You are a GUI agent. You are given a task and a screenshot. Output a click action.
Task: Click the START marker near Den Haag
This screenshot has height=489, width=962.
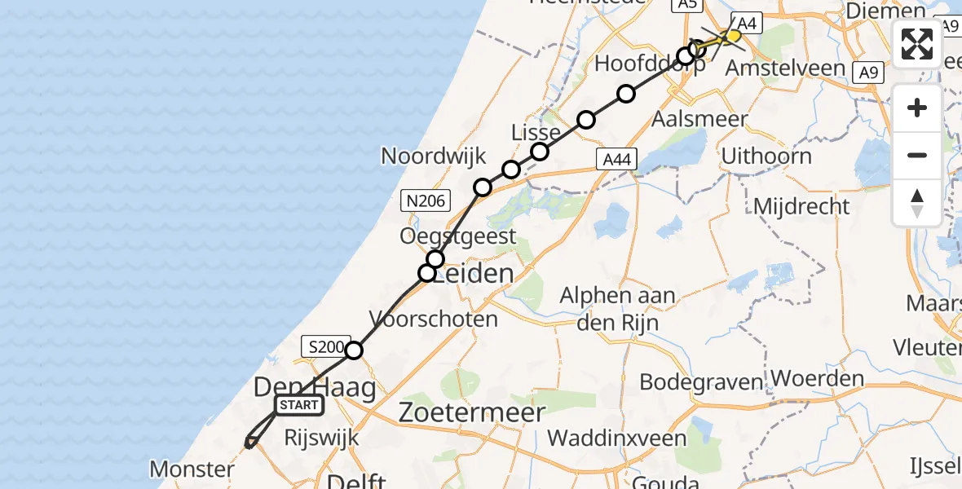pos(299,405)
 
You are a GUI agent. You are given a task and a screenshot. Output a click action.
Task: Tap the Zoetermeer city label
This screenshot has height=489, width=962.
pos(472,413)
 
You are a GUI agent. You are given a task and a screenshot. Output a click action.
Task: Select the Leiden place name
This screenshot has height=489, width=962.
pos(473,274)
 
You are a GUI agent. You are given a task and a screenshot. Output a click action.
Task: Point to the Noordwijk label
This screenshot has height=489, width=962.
pos(433,156)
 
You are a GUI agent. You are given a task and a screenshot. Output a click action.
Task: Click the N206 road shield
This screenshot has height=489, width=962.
pos(426,199)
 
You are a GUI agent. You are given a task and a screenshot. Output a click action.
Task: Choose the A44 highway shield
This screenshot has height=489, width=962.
pos(616,161)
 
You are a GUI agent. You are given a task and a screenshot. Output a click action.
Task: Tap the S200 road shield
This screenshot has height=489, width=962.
pos(327,346)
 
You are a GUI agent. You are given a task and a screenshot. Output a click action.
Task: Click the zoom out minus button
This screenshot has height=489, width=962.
pos(917,156)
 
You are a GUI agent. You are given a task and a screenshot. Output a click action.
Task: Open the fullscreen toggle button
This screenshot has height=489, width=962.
pos(917,44)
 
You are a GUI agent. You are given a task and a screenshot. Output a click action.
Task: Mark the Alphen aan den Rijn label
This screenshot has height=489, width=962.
pos(617,307)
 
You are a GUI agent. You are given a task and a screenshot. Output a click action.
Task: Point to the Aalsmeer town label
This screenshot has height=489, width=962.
pos(699,119)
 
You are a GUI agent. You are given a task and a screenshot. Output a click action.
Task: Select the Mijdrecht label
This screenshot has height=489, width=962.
pos(801,206)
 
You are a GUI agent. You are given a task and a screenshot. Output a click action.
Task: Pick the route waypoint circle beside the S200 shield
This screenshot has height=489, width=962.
pos(354,351)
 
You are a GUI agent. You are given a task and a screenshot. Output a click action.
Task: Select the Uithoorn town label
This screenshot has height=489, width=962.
pos(766,156)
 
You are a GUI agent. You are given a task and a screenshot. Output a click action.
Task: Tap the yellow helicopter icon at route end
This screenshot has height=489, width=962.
pos(731,37)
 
